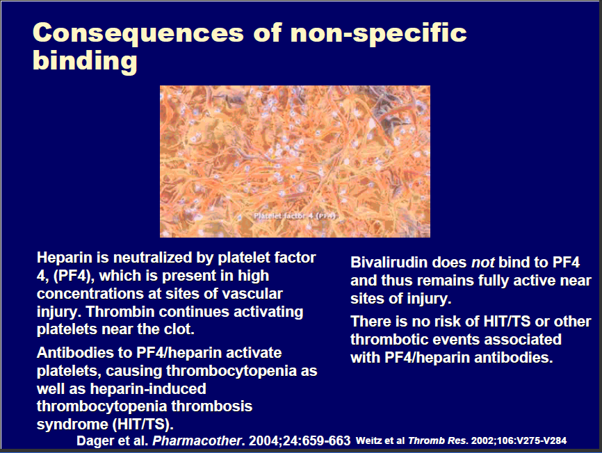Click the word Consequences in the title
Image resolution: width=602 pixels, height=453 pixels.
(138, 33)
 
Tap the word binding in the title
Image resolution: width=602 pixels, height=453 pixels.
(85, 61)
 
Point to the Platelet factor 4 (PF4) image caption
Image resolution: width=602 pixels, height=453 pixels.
(295, 216)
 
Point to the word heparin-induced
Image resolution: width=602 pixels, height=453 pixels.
(148, 388)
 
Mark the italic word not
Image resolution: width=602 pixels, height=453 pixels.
(482, 263)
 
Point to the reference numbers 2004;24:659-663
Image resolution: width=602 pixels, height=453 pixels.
(300, 440)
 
